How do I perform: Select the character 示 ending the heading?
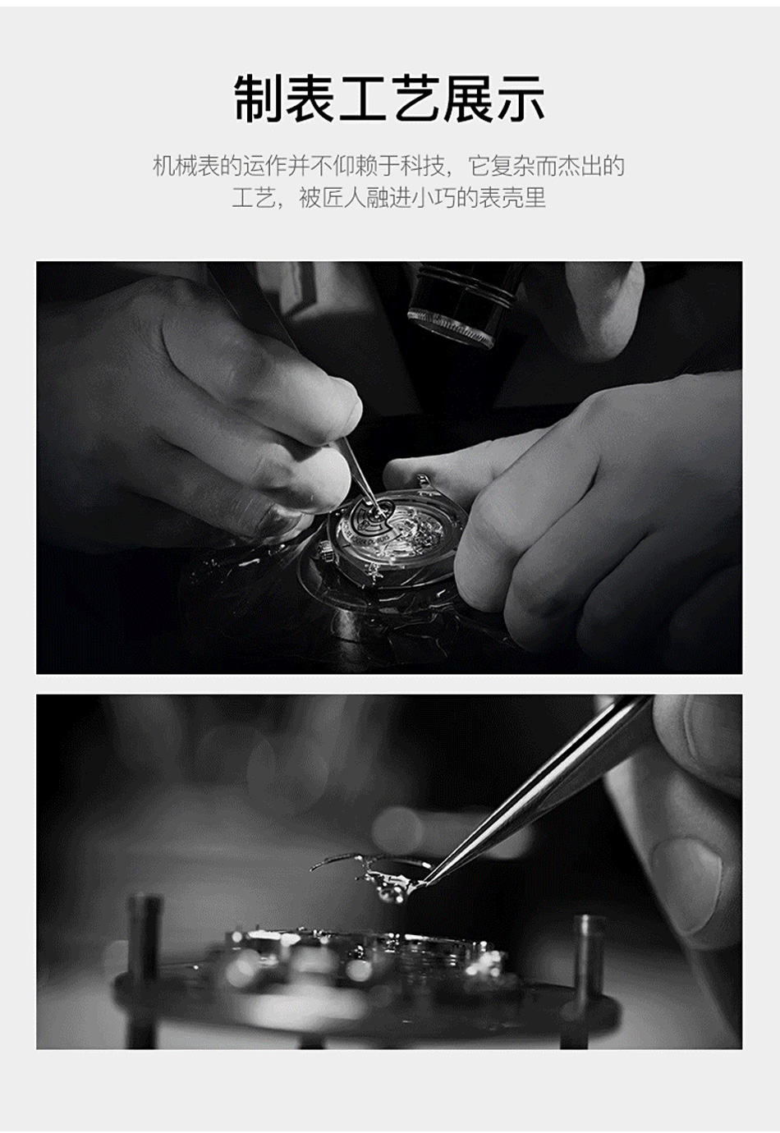pos(520,99)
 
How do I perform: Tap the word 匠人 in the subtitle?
pos(342,198)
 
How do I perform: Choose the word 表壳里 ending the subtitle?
pos(512,198)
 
